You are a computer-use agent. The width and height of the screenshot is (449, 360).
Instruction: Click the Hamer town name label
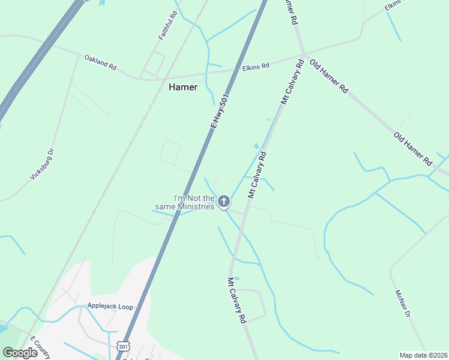coord(183,87)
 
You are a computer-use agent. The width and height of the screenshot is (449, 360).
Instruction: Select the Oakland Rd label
coord(100,63)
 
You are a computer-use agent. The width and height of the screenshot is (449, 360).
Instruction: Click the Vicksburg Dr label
coord(43,164)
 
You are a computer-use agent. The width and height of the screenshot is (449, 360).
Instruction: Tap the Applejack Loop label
coord(110,307)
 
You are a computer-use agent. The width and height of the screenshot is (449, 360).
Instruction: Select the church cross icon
coord(224,202)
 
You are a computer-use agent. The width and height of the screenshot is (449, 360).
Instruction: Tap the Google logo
coord(20,353)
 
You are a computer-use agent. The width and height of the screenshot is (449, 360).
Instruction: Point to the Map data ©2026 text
coord(423,355)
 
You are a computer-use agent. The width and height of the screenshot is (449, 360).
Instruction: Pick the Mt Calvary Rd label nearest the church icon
coord(258,175)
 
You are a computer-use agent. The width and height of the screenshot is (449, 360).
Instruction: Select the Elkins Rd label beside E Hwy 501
coord(256,66)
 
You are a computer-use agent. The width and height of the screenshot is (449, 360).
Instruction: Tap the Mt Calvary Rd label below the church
coord(238,301)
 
